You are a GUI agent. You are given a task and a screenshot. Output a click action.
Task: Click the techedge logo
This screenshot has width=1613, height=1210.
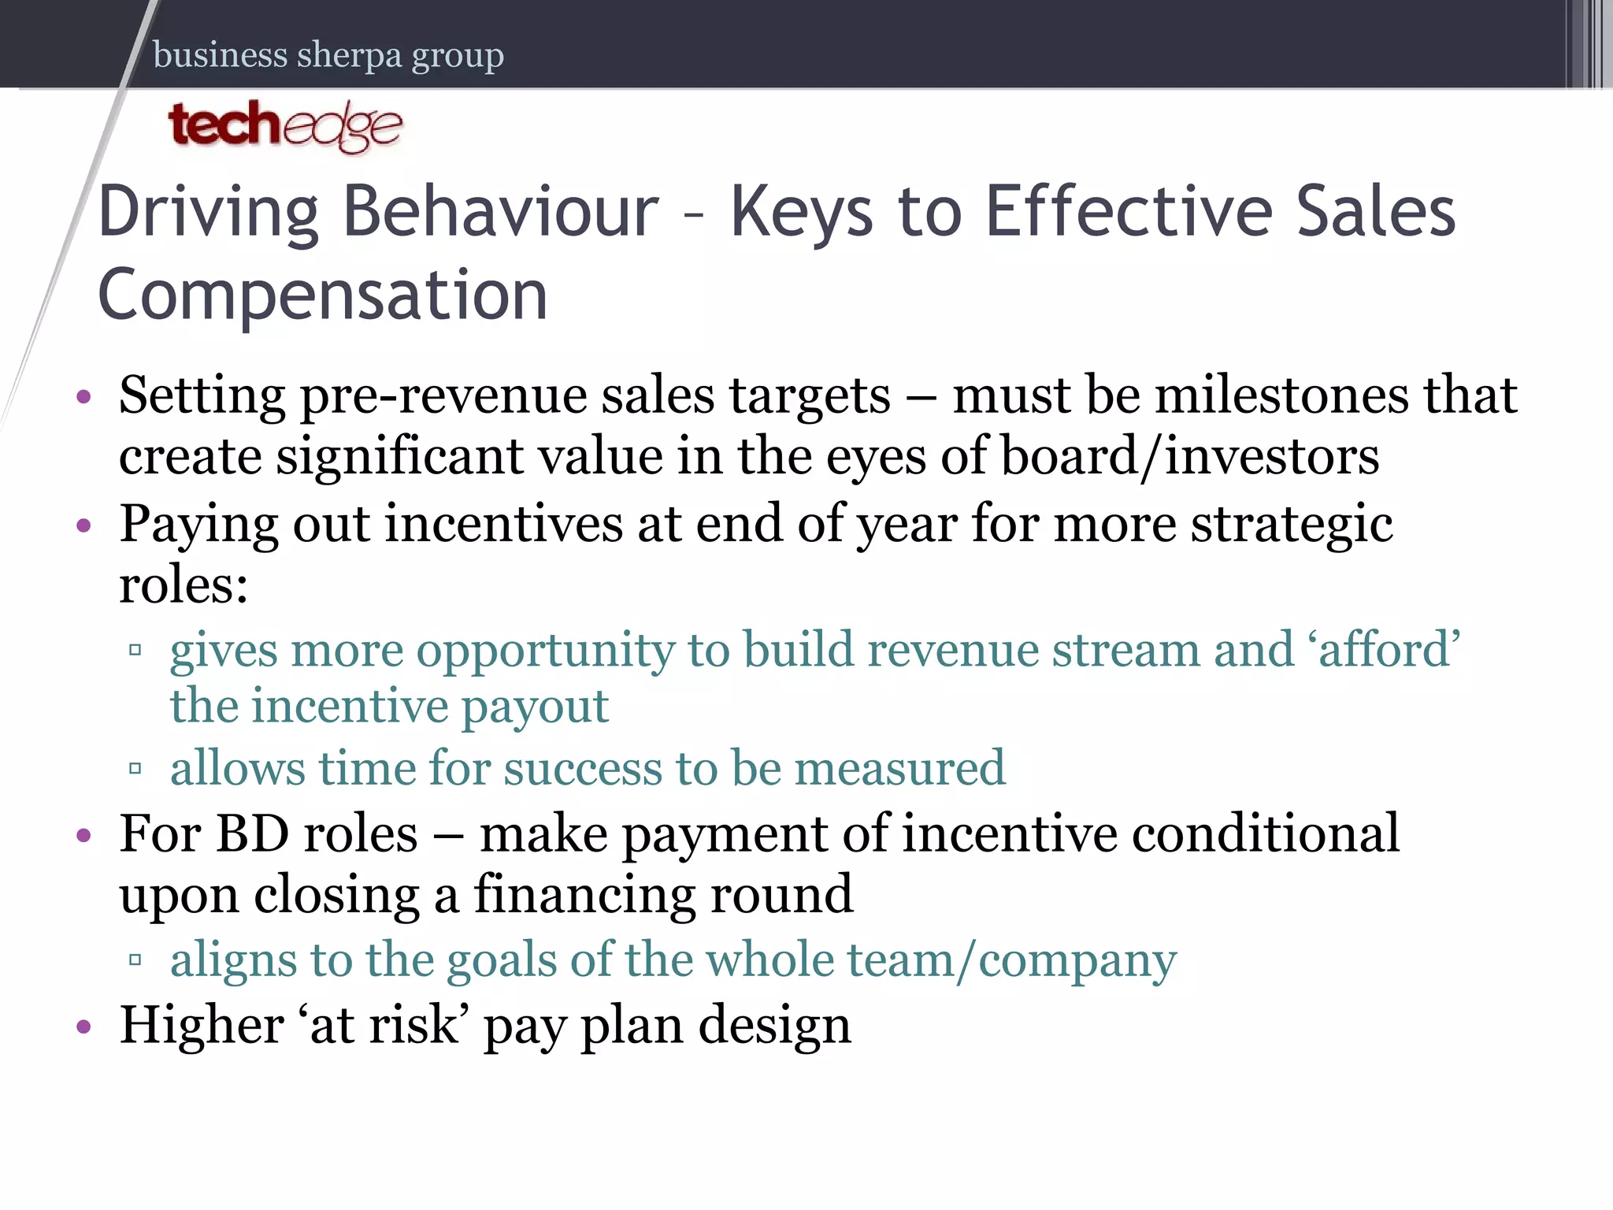click(x=285, y=126)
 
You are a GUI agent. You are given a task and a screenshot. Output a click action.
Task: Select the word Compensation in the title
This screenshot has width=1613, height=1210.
click(x=323, y=295)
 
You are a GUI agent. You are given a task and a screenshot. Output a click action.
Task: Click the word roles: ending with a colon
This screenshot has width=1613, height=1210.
click(x=184, y=585)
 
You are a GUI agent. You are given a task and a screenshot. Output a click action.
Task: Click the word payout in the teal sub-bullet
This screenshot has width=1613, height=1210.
click(x=535, y=706)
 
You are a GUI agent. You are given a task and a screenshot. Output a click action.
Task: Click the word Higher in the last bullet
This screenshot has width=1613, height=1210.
click(x=202, y=1024)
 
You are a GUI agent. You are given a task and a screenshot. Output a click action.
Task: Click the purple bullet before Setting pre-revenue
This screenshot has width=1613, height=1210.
click(x=84, y=396)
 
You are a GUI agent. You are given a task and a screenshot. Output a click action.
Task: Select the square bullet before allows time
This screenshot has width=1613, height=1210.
click(x=135, y=768)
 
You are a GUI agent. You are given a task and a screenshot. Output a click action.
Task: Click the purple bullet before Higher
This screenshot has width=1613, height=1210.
click(x=84, y=1026)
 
